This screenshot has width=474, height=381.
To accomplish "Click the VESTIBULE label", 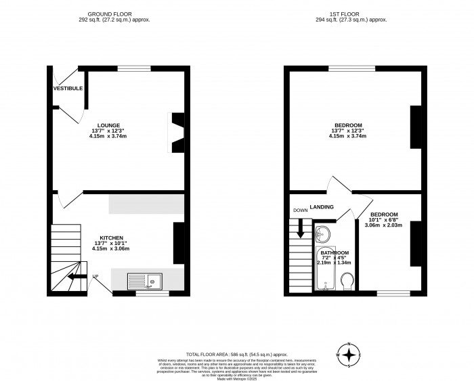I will [x=68, y=89].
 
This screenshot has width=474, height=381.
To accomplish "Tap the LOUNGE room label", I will [x=108, y=125].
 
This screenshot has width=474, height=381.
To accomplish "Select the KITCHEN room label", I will [x=110, y=238].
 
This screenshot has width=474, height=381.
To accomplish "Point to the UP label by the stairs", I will [x=95, y=276].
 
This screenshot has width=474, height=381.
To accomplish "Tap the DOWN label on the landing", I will [x=300, y=210].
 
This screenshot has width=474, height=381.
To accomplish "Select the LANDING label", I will [x=322, y=206].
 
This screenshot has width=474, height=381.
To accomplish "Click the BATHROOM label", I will [x=334, y=251].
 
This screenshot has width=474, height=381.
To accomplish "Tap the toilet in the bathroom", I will [x=347, y=280].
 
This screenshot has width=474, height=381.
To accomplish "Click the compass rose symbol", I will [x=349, y=355].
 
